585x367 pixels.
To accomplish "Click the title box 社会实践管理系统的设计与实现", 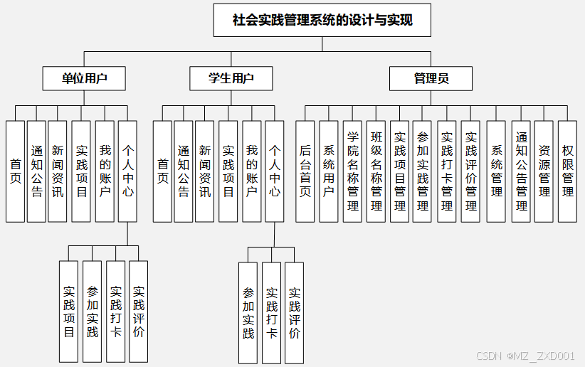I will point(322,20).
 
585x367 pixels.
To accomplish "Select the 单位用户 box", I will point(84,78).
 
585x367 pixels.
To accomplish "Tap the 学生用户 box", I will point(231,78).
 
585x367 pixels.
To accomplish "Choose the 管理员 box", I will point(431,78).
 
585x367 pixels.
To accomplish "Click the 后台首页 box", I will point(305,171).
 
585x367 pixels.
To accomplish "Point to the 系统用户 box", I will point(328,171).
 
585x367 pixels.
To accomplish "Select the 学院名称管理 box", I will point(352,171).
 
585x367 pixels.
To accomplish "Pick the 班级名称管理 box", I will point(376,171).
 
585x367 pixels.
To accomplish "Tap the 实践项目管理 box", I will point(399,171).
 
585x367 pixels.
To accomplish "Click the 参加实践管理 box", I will point(423,171).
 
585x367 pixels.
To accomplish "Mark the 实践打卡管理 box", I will point(446,171).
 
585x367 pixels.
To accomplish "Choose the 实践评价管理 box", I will point(470,171).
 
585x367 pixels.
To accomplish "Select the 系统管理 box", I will point(496,171).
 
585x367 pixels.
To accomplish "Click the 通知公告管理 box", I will point(521,171).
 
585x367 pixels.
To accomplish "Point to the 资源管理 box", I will point(544,171).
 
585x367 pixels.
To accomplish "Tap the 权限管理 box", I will point(567,171).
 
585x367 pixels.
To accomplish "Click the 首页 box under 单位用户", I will point(16,171).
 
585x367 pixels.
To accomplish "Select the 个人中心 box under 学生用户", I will point(275,171).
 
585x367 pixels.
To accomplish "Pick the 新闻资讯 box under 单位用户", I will point(58,171).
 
